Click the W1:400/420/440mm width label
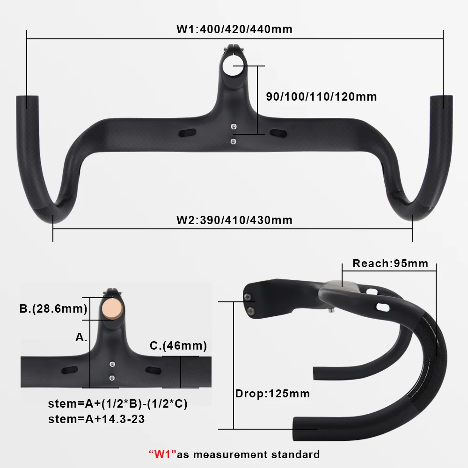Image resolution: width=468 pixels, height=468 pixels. tap(234, 29)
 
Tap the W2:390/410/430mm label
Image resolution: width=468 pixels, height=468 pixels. tap(234, 219)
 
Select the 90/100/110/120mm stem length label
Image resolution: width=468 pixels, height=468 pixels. tap(321, 97)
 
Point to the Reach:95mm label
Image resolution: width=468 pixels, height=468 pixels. tap(390, 263)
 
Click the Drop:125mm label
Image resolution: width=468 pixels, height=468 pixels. tap(272, 394)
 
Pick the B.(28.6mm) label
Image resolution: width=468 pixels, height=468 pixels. tap(53, 309)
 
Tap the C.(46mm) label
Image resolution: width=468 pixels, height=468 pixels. tap(178, 346)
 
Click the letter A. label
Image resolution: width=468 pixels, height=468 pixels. tap(81, 337)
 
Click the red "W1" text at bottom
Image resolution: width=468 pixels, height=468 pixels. tap(162, 454)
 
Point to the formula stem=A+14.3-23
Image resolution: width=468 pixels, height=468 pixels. tap(96, 419)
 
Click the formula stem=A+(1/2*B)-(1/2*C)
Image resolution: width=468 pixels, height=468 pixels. tap(118, 404)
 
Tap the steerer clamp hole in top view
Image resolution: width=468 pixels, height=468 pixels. tap(233, 67)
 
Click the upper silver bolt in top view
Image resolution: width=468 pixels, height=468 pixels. tap(233, 125)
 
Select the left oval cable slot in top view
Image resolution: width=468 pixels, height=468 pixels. tap(187, 132)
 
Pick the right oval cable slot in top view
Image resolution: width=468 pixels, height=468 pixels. tap(278, 132)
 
